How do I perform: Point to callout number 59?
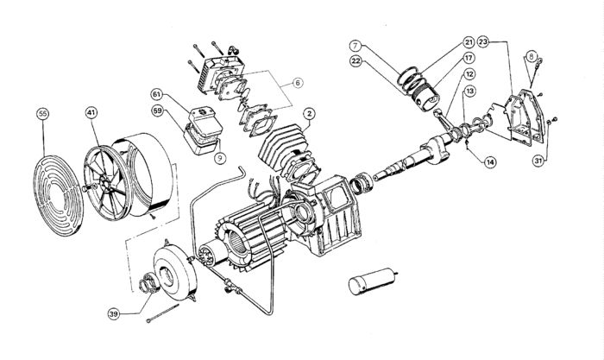click(x=158, y=110)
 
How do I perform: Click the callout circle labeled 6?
click(x=296, y=83)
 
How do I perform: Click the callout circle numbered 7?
click(x=355, y=43)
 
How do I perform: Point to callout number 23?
click(x=483, y=41)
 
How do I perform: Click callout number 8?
click(x=532, y=57)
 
